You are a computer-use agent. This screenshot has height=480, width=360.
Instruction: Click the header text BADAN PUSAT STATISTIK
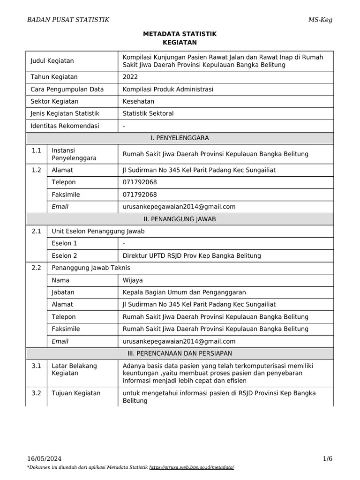point(68,19)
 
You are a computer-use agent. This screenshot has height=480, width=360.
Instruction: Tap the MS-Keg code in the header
point(320,19)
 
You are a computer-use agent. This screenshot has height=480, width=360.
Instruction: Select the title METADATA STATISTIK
point(180,34)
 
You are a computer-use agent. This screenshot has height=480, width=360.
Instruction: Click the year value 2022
point(130,77)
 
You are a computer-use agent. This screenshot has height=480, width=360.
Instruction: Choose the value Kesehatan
point(138,101)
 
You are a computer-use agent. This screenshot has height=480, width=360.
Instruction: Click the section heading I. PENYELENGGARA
point(180,138)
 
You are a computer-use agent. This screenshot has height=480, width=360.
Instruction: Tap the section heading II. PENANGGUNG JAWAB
point(180,219)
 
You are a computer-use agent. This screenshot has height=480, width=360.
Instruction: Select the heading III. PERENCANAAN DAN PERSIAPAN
point(180,352)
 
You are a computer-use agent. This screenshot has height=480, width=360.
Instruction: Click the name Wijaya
point(133,280)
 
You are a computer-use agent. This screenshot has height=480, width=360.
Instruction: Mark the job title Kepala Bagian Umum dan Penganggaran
point(184,292)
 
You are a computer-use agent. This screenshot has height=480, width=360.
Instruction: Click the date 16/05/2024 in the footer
point(44,458)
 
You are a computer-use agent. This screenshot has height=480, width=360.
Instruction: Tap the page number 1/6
point(327,458)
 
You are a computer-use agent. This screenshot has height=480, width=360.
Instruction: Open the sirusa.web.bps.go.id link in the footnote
point(191,468)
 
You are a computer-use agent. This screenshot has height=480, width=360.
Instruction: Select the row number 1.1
point(37,150)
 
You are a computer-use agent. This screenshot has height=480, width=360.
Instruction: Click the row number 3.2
point(37,393)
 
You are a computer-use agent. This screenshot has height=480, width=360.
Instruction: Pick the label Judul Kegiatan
point(52,61)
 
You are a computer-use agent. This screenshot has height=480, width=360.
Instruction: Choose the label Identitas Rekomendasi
point(65,126)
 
